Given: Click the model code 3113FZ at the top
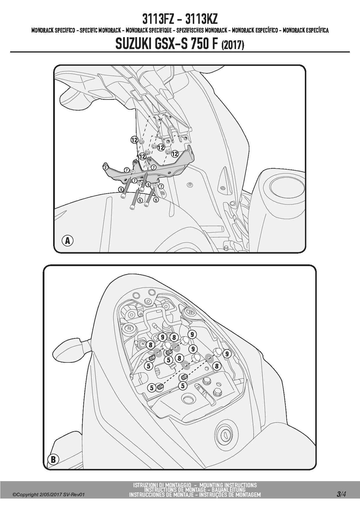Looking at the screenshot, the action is (158, 19).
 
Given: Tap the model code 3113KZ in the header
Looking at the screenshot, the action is (201, 19).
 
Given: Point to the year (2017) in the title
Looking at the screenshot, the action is (233, 45).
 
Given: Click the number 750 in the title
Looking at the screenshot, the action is (200, 44).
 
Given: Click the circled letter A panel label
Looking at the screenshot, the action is (68, 241).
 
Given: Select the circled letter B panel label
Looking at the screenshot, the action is (53, 459).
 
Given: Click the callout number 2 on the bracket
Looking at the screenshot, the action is (105, 167).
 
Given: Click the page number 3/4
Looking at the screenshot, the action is (341, 494).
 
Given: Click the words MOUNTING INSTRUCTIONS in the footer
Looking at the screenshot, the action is (228, 485).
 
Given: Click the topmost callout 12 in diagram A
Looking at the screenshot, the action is (134, 140).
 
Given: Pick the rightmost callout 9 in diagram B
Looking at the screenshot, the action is (227, 354).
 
